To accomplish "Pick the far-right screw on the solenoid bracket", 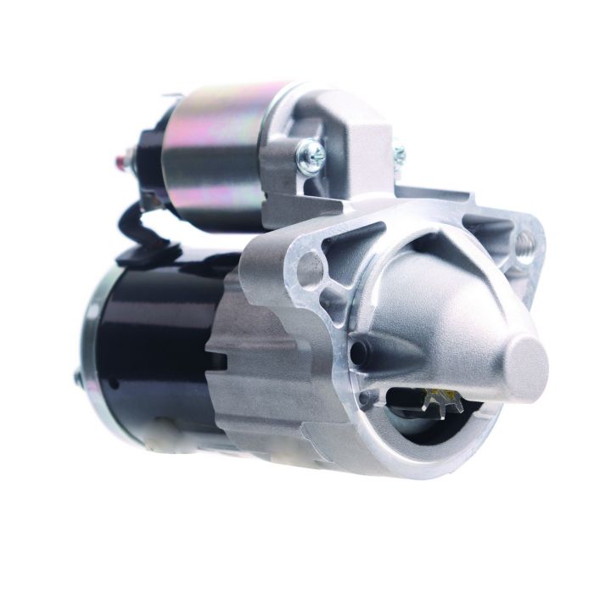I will tap(398, 154).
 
